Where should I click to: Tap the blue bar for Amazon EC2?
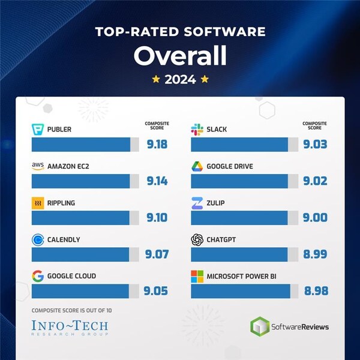coord(80,181)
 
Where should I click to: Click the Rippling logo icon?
coord(38,203)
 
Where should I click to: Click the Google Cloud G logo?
coord(38,276)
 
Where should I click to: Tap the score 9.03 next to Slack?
coord(315,145)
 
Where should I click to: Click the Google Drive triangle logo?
coord(197,166)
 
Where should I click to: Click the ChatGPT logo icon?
coord(197,239)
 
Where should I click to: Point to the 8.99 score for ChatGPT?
coord(315,254)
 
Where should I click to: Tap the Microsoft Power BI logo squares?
coord(197,276)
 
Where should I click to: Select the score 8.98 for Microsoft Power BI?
coord(315,291)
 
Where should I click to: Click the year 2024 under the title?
coord(180,79)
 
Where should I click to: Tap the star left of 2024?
coord(155,79)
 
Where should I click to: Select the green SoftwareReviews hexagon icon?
coord(260,327)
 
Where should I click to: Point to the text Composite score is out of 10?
coord(71,310)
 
